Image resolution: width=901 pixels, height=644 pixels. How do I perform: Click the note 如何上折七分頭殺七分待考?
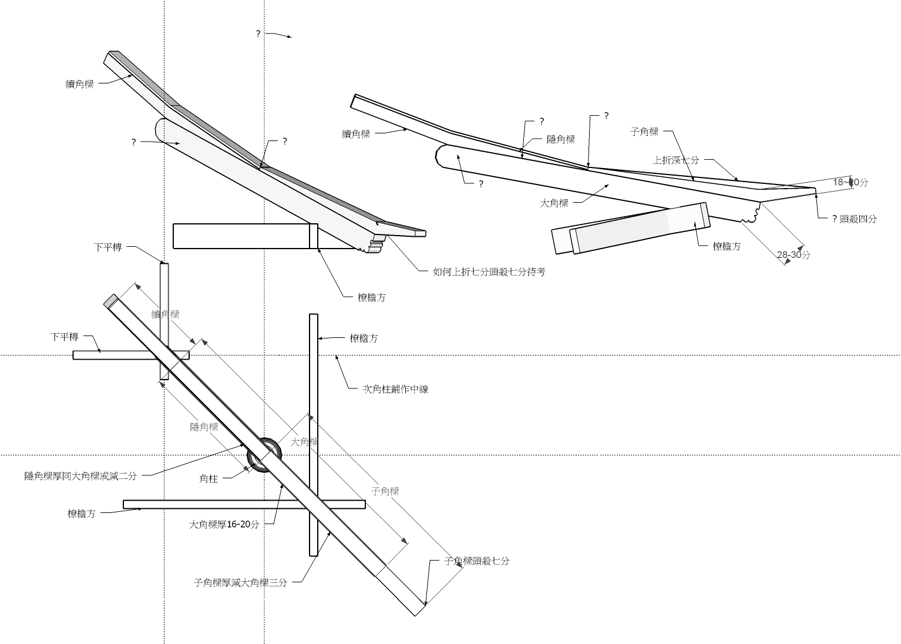[x=489, y=272]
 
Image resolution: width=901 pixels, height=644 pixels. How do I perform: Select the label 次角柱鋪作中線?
[x=396, y=389]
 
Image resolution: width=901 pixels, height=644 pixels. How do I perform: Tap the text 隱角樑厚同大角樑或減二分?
[x=80, y=476]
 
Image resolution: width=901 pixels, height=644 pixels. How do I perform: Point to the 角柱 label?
[x=209, y=479]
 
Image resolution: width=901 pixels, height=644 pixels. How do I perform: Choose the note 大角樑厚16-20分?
[x=224, y=525]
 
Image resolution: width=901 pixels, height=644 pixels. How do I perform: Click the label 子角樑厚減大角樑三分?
[x=240, y=583]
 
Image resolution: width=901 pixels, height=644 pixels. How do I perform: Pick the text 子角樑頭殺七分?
[x=477, y=561]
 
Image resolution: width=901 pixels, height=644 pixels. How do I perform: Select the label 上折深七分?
[x=676, y=160]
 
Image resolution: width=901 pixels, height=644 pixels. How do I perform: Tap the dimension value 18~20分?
[x=850, y=182]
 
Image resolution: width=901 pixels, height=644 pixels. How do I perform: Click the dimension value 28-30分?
[x=794, y=255]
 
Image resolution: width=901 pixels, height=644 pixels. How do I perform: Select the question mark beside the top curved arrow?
[x=258, y=34]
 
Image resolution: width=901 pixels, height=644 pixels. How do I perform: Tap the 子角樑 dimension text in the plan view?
[x=385, y=491]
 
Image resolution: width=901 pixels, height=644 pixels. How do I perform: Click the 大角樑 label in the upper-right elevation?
[x=554, y=203]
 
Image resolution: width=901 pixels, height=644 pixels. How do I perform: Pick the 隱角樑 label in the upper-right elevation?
[x=561, y=139]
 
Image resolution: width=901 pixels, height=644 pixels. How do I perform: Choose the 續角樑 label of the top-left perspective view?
[x=79, y=84]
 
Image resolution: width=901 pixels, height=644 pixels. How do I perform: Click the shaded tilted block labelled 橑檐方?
[x=640, y=228]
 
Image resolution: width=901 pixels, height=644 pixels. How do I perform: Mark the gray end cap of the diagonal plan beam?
[x=110, y=301]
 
